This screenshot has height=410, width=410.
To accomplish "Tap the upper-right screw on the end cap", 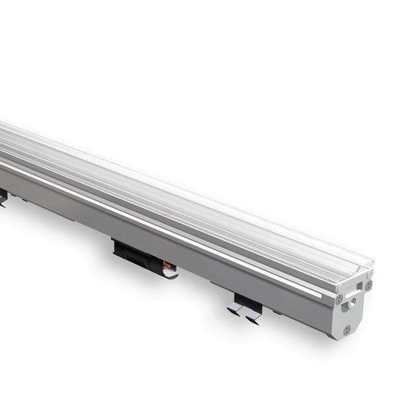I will [369, 286].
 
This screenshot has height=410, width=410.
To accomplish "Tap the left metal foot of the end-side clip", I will [234, 311].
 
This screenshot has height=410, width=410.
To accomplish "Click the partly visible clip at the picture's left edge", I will [3, 197].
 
